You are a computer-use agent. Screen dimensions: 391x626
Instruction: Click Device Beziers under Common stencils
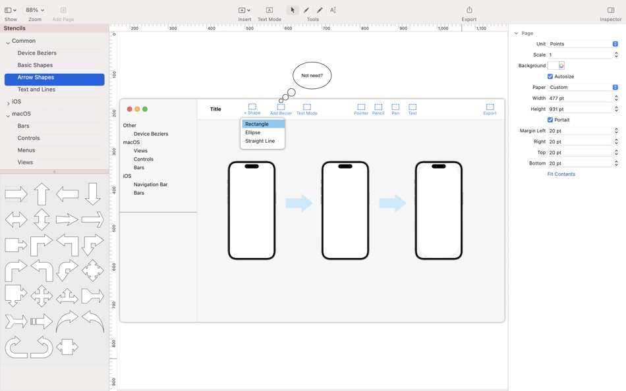tap(37, 53)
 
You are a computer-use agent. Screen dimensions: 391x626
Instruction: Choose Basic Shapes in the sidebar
tap(35, 65)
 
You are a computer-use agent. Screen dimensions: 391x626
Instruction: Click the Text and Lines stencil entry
tap(36, 90)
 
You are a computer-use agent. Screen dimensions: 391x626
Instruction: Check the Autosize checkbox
tap(550, 76)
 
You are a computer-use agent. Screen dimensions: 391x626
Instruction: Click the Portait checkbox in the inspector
tap(550, 120)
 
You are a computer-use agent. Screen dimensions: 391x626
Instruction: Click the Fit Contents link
tap(561, 174)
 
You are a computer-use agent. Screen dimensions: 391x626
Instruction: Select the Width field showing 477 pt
tap(580, 98)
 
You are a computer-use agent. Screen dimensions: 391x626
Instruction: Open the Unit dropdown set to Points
tap(583, 44)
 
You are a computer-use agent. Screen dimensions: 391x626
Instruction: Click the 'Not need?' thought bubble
tap(312, 76)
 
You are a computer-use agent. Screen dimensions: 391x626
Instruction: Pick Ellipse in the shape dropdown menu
tap(253, 132)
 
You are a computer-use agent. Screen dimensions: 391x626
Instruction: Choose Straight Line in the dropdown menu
tap(260, 141)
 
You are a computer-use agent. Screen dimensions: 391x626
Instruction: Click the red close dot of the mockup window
tap(130, 109)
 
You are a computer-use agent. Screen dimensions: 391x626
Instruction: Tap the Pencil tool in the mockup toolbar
tap(378, 109)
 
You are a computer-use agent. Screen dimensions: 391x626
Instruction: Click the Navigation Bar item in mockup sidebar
tap(151, 184)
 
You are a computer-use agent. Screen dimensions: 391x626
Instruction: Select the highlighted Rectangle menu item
tap(257, 124)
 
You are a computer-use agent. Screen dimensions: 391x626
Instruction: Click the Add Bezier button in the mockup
tap(281, 109)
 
